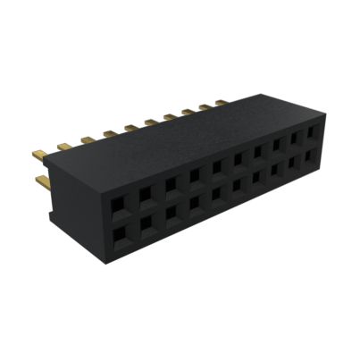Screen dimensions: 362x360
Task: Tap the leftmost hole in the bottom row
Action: (x=118, y=234)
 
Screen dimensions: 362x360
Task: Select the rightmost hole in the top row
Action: (x=312, y=132)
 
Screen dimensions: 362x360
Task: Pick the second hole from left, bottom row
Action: (x=145, y=223)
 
